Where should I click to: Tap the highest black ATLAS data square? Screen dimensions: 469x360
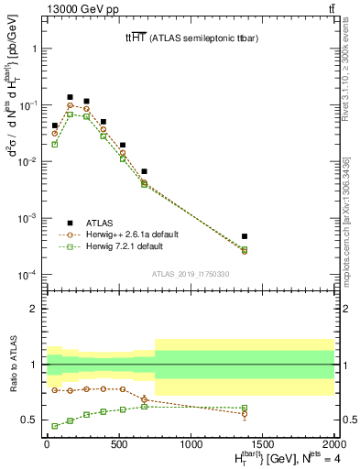pyautogui.click(x=70, y=97)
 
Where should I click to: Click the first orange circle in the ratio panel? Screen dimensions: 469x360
pyautogui.click(x=55, y=390)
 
